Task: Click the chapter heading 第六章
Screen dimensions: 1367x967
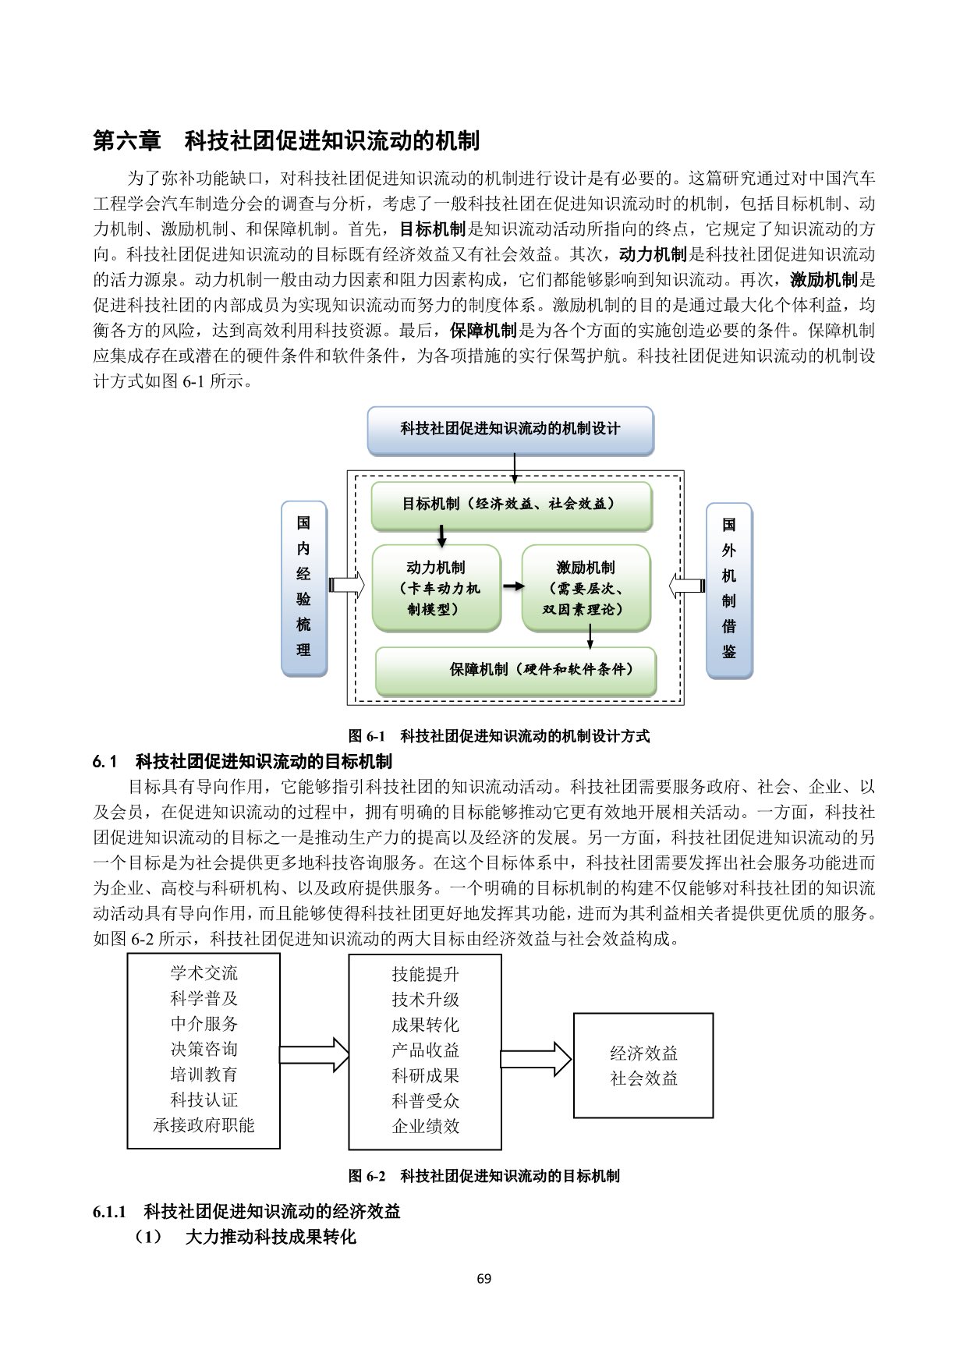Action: tap(127, 141)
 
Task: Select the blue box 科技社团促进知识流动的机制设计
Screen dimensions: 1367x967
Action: tap(510, 429)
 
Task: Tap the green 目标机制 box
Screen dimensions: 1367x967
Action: tap(511, 505)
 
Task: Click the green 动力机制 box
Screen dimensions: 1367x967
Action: tap(436, 588)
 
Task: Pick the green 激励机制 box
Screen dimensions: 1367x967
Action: tap(586, 588)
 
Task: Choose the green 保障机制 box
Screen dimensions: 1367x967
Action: tap(515, 670)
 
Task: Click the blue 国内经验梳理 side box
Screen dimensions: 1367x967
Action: tap(303, 589)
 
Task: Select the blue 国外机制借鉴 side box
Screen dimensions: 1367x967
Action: tap(728, 589)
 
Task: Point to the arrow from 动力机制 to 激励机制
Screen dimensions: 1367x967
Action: tap(512, 586)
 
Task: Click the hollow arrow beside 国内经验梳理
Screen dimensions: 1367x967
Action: tap(347, 586)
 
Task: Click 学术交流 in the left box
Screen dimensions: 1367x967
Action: tap(204, 972)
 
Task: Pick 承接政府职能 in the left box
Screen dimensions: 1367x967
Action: tap(204, 1125)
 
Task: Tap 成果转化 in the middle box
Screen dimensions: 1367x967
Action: tap(425, 1025)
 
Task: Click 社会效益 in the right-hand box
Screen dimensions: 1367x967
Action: tap(643, 1078)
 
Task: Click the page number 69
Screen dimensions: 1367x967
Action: tap(483, 1278)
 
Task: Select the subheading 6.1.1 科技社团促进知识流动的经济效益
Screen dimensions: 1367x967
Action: tap(246, 1211)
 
